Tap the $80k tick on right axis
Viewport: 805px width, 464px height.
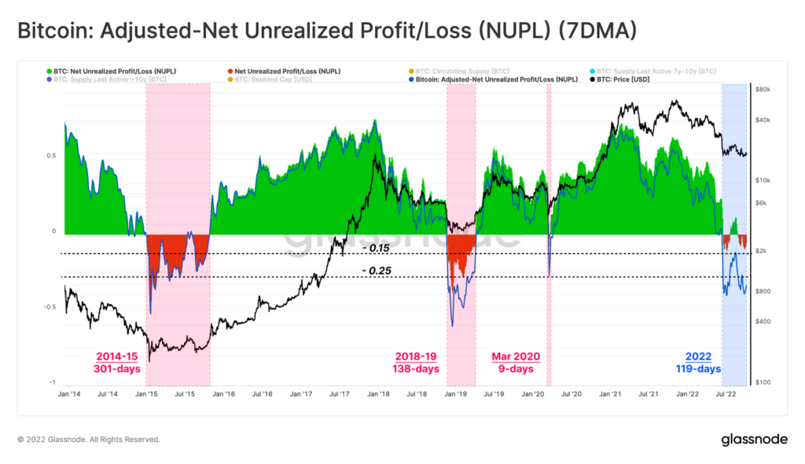click(763, 90)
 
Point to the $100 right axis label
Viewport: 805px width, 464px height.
click(763, 382)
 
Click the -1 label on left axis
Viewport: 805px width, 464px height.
click(53, 382)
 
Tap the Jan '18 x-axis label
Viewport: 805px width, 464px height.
click(379, 393)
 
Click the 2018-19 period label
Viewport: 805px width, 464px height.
click(415, 356)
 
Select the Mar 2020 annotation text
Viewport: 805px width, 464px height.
click(516, 356)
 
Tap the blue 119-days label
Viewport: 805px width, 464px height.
click(698, 369)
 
